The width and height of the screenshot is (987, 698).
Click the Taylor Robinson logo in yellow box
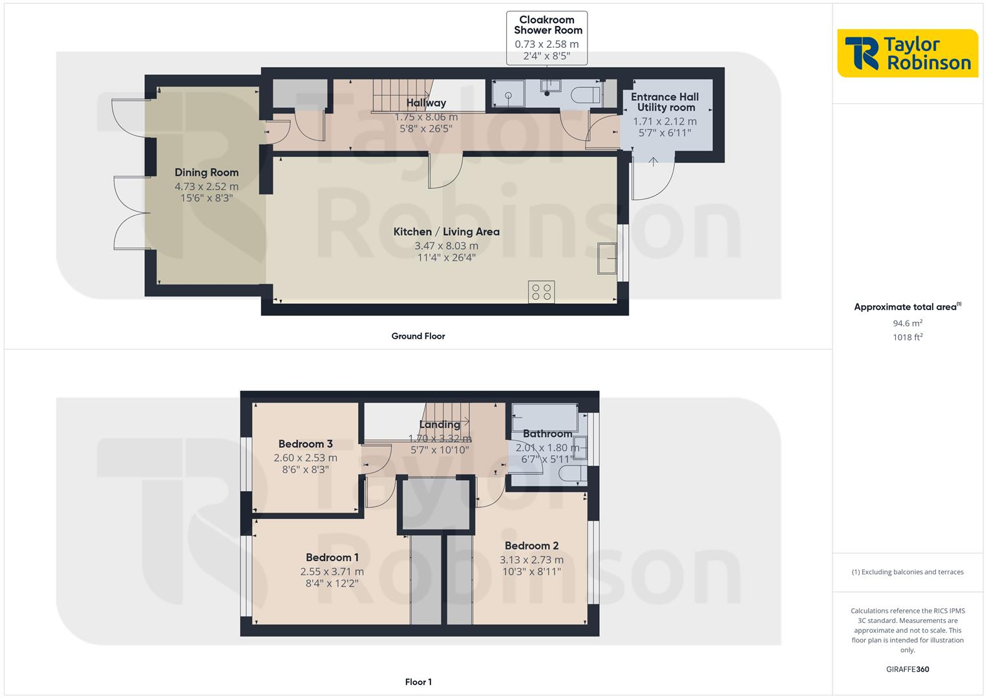click(907, 53)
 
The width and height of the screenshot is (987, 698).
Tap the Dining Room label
click(206, 173)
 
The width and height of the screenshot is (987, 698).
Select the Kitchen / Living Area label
click(446, 231)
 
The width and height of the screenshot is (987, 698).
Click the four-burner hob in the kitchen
click(541, 292)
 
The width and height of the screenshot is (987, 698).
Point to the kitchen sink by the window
click(607, 259)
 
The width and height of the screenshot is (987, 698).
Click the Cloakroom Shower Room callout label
click(547, 25)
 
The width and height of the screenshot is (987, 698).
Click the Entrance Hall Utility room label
click(664, 102)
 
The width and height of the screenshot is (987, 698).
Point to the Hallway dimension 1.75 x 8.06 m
click(426, 118)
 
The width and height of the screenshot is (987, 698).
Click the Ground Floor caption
click(418, 336)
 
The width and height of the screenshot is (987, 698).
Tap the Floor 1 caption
click(418, 682)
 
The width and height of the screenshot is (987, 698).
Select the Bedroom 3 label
click(305, 444)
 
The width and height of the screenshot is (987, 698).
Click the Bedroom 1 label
click(332, 557)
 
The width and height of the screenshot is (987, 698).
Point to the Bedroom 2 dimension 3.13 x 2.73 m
click(531, 560)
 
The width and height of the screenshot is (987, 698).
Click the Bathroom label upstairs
click(547, 434)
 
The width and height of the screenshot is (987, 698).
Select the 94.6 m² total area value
click(907, 323)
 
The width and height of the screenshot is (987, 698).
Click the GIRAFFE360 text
click(907, 669)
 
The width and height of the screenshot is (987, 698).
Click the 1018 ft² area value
click(907, 337)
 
